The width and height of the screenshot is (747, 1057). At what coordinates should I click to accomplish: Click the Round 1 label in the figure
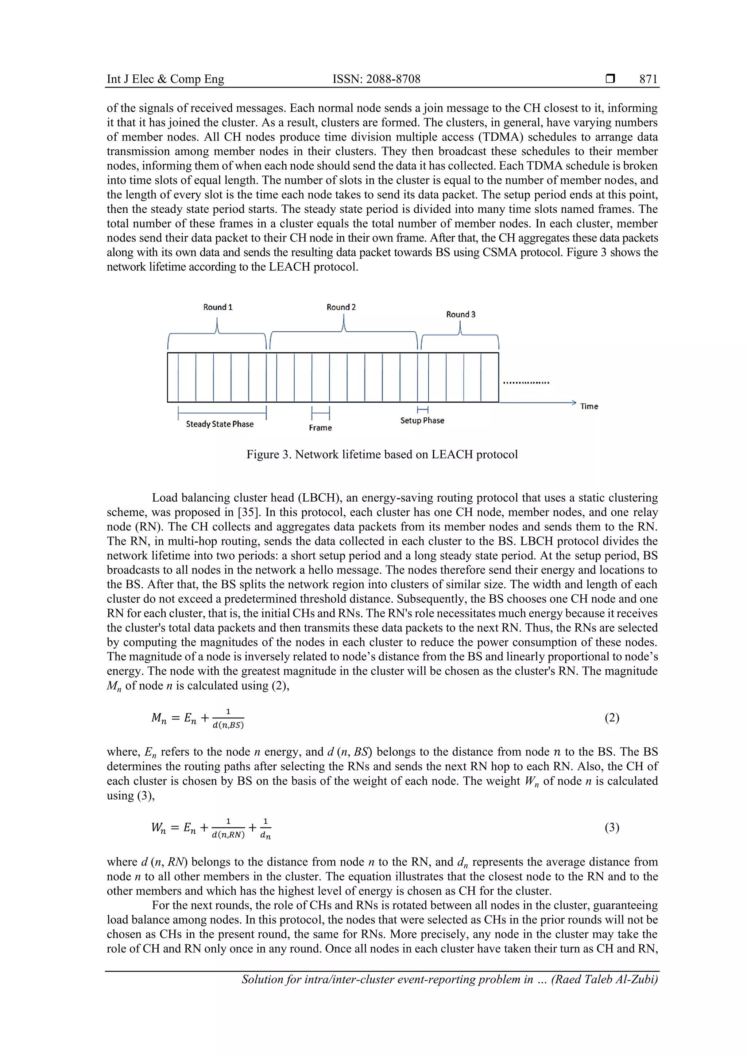click(218, 307)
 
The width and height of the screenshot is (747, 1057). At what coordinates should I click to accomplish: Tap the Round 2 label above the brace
click(341, 307)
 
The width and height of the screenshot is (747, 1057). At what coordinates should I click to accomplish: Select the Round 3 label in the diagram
click(461, 315)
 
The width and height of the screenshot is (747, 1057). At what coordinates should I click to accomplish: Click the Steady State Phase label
click(220, 424)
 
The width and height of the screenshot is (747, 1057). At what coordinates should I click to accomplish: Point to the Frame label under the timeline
click(320, 428)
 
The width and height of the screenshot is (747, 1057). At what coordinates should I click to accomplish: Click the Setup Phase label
click(422, 420)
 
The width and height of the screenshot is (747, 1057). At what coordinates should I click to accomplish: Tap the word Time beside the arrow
click(589, 406)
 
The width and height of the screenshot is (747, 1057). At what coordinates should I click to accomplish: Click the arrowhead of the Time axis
click(573, 402)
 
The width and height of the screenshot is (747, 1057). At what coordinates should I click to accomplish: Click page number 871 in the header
click(648, 79)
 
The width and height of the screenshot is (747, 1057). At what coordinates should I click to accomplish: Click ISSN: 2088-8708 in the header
click(376, 79)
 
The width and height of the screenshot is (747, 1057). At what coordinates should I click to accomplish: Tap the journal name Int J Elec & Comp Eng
click(165, 79)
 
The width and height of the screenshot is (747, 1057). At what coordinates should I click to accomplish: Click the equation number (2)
click(612, 718)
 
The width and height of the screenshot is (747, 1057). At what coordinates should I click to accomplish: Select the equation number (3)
click(612, 827)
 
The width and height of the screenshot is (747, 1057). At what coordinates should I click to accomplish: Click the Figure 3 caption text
click(382, 454)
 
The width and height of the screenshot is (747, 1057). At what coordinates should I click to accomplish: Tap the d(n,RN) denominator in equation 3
click(228, 835)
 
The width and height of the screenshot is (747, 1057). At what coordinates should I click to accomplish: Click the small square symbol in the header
click(610, 79)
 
